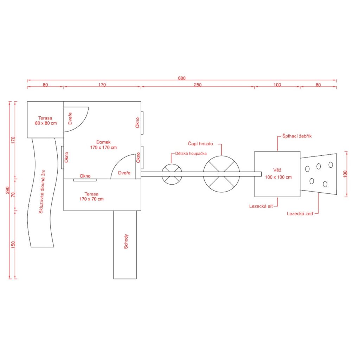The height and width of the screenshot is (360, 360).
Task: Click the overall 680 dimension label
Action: coord(181,78)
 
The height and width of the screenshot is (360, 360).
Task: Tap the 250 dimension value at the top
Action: coord(198,85)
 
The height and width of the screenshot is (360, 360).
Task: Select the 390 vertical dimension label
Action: coord(8,190)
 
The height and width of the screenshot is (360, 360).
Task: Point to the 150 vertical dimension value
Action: coord(13,245)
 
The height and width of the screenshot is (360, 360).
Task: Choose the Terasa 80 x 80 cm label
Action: coord(46,121)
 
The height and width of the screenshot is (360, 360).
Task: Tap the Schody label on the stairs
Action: coord(126,242)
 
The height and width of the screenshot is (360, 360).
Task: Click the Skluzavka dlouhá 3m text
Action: coord(42,192)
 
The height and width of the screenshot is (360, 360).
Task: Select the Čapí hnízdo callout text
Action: coord(200,144)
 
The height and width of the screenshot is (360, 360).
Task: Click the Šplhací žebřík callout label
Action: coord(297,135)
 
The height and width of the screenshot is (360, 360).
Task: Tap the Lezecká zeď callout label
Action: coord(300,213)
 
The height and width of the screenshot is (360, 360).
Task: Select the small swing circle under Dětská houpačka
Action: coord(172,174)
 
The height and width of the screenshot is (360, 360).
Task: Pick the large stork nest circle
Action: coord(221,174)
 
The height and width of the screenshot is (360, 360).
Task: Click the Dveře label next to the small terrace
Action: coord(70,118)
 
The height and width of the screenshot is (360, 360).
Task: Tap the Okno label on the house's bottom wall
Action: coord(85,176)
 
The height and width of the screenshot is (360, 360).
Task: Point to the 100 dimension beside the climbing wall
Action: coord(345,174)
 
